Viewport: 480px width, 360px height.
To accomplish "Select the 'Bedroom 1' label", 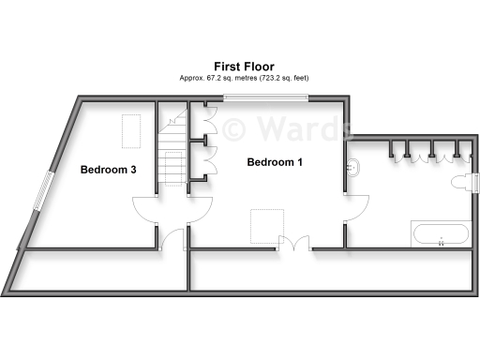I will [x=275, y=162].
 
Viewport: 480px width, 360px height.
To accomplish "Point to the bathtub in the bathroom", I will [x=441, y=233].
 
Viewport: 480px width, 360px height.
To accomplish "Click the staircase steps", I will [x=171, y=169].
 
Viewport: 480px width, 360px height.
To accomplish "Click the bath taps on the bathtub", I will [x=441, y=242].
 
